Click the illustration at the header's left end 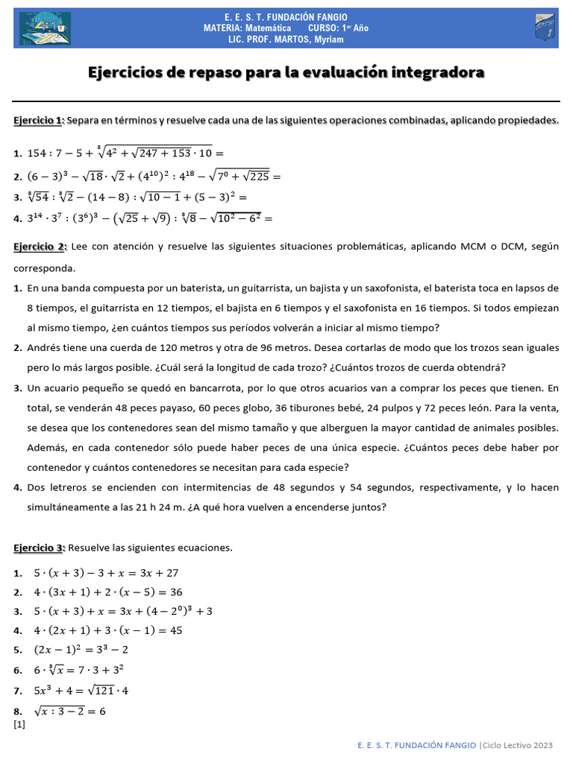pos(43,28)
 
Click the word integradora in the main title pos(442,72)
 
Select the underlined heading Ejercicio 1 pos(39,121)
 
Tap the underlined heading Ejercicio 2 pos(40,247)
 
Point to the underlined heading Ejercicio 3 pos(39,548)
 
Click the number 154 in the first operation pos(38,153)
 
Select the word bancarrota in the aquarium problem pos(196,388)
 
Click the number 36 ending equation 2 pos(176,592)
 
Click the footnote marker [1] pos(19,724)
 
